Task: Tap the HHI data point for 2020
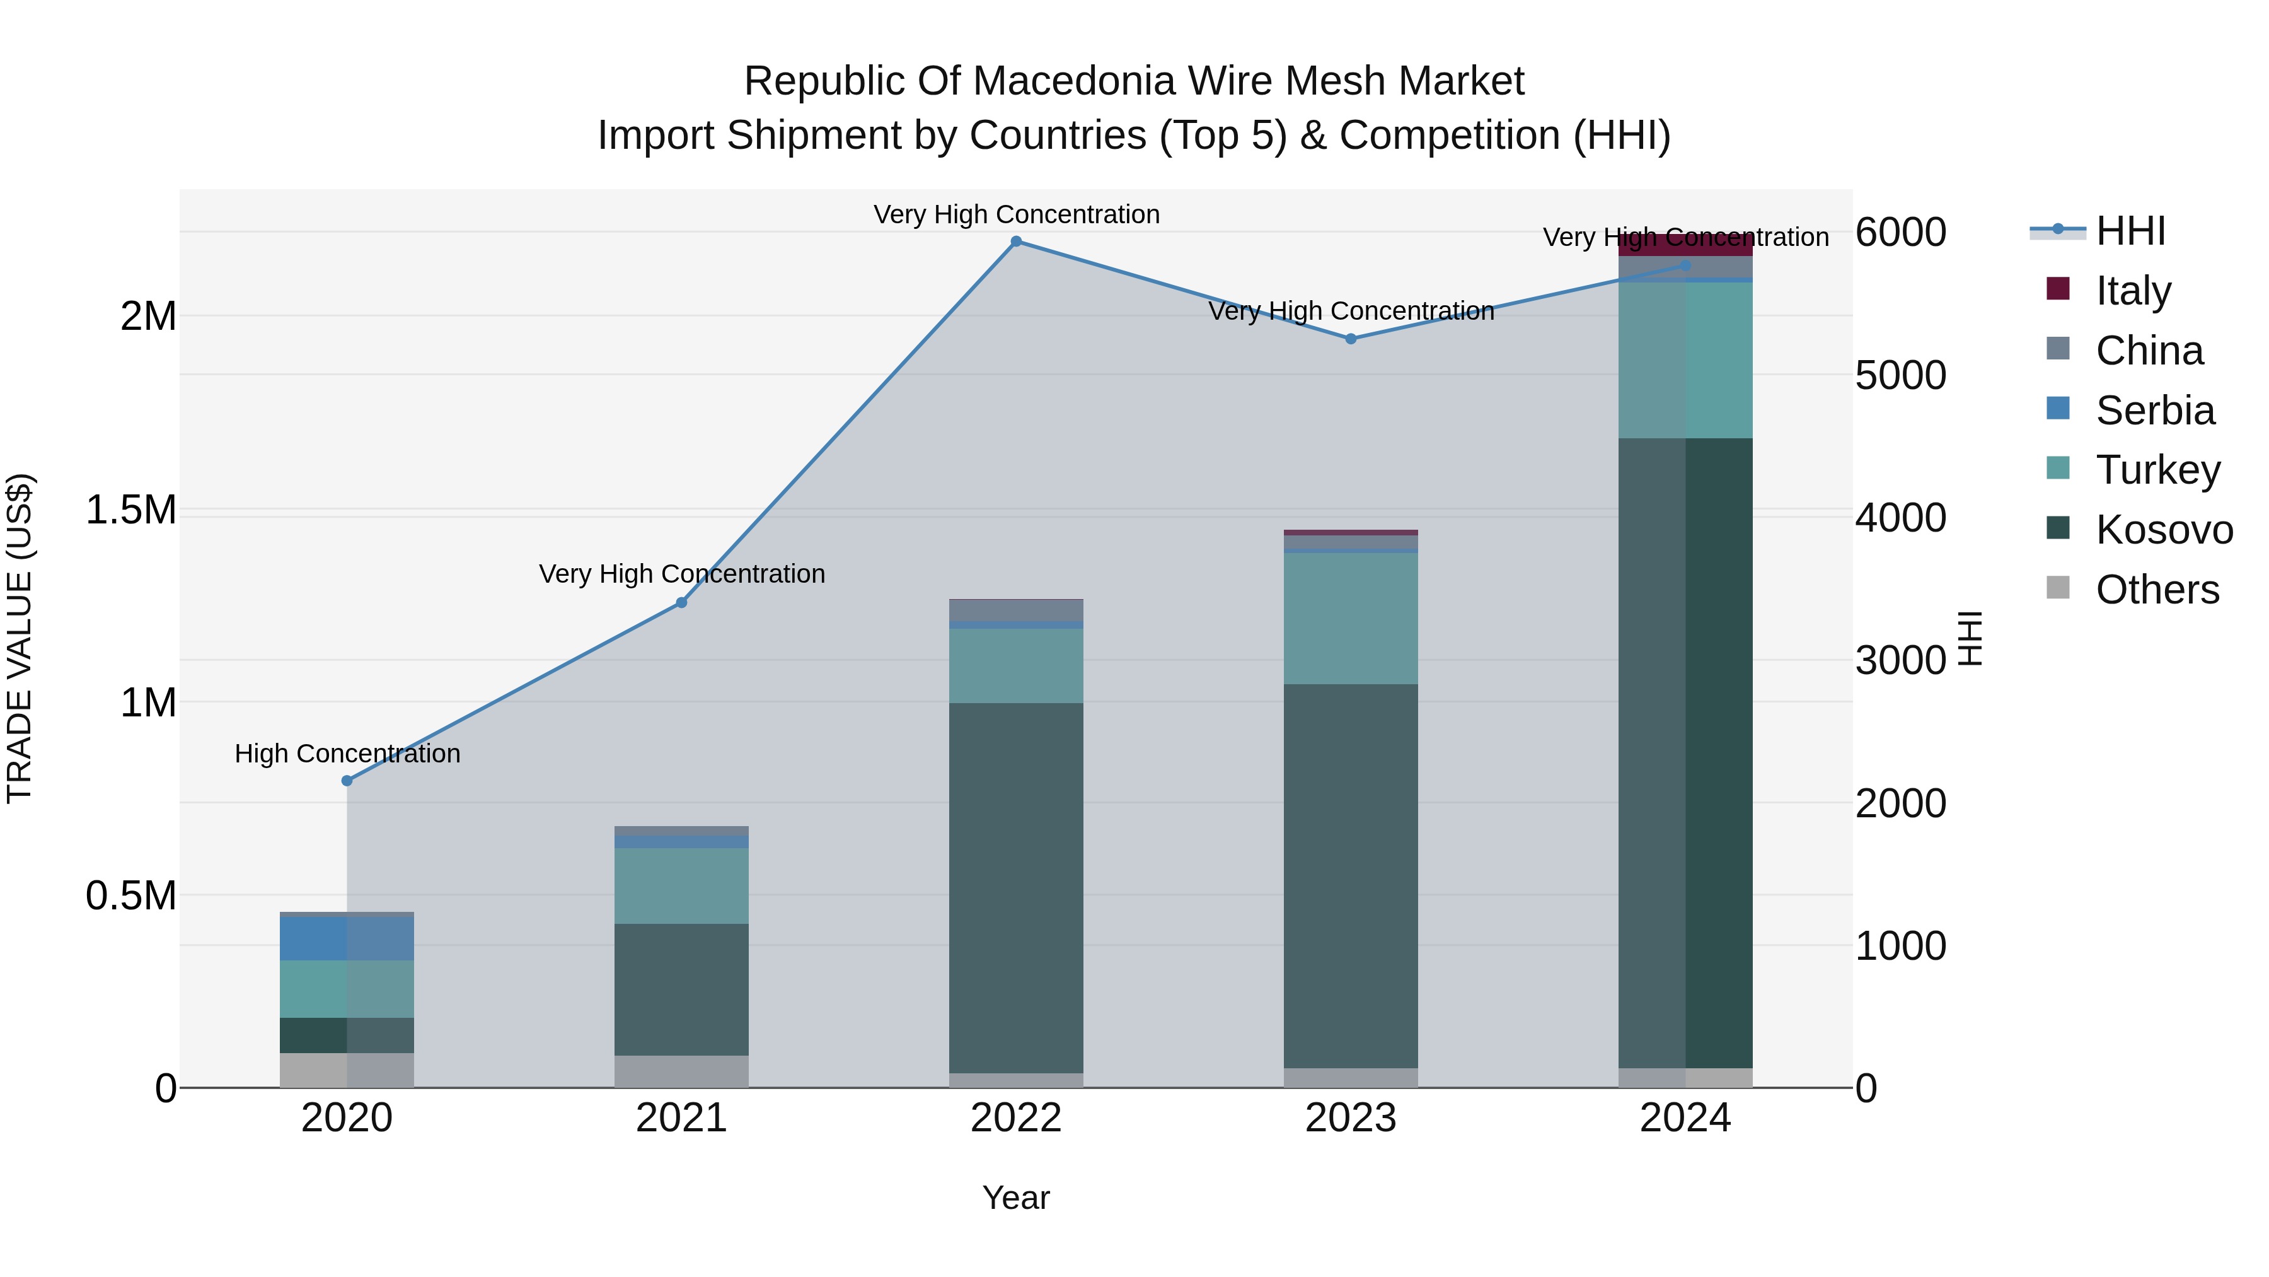point(347,781)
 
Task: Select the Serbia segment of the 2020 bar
point(347,938)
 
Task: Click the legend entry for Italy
point(2132,291)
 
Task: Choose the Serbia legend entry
point(2154,411)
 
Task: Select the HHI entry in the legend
point(2129,231)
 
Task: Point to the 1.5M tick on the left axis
point(130,510)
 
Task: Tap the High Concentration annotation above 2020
point(347,754)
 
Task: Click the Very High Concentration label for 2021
point(682,574)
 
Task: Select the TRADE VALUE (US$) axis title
point(20,638)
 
